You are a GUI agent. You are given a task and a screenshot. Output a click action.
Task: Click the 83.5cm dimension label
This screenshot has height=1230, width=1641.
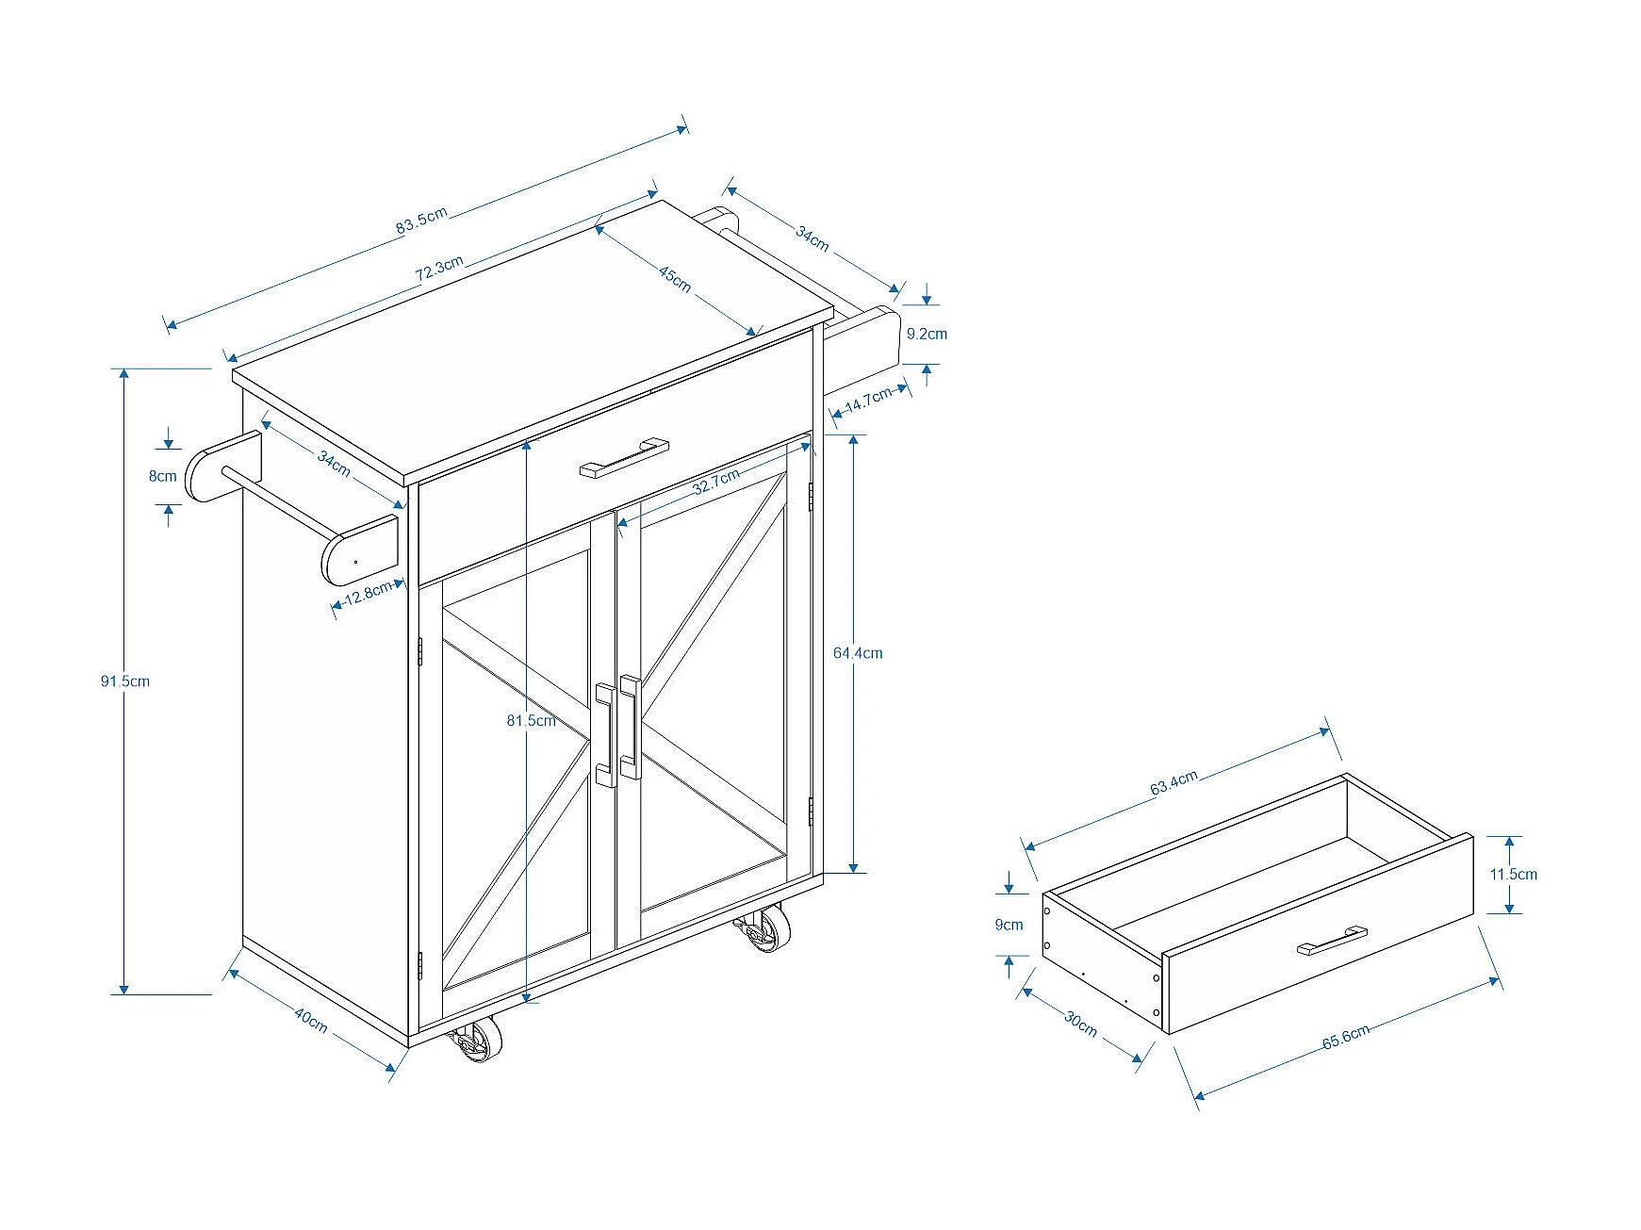tap(421, 221)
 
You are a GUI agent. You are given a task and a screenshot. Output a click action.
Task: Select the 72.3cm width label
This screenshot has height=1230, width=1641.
tap(439, 269)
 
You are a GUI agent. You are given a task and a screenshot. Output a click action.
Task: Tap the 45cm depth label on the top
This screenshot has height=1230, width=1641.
tap(675, 278)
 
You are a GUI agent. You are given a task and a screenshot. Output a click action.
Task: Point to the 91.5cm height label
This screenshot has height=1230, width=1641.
tap(125, 681)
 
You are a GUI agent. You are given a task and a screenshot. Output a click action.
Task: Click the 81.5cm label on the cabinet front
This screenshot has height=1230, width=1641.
tap(531, 720)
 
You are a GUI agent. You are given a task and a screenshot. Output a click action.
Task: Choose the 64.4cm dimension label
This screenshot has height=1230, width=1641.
tap(858, 652)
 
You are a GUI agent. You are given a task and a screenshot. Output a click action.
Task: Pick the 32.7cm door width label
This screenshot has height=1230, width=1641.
tap(716, 482)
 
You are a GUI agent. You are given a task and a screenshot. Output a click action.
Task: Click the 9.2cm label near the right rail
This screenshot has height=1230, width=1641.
tap(927, 334)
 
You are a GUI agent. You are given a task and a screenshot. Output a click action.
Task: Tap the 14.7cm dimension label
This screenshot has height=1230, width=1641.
tap(868, 400)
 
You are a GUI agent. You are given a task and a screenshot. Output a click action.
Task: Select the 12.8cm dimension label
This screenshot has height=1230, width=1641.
tap(369, 593)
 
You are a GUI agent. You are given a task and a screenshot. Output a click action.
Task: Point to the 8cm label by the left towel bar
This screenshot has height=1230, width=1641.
tap(163, 476)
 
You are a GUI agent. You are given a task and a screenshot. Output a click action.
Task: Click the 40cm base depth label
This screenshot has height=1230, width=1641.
tap(311, 1020)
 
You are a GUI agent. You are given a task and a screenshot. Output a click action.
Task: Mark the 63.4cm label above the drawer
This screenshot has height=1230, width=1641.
tap(1173, 782)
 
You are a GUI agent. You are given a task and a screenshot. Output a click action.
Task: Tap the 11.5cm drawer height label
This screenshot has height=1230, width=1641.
tap(1513, 874)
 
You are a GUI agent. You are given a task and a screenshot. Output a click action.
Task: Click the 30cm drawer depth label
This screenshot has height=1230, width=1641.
tap(1081, 1024)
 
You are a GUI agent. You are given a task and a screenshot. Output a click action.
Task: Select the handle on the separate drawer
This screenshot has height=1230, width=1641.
tap(1332, 940)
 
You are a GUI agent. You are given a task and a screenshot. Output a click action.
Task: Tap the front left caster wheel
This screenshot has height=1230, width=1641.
tap(478, 1041)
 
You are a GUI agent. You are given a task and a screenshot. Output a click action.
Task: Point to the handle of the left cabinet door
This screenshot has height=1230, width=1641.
tap(606, 735)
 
